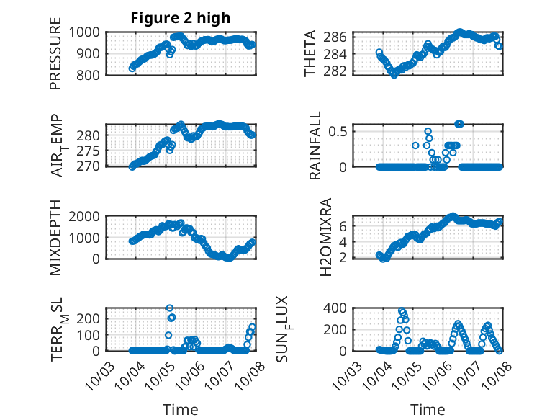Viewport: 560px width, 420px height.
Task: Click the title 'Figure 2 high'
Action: coord(180,18)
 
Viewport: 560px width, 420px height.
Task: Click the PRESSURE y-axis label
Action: coord(55,59)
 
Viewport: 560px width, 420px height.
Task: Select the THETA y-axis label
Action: coord(311,53)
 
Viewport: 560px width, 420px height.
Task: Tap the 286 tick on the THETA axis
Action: coord(340,37)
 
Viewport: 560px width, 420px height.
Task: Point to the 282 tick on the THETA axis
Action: coord(340,71)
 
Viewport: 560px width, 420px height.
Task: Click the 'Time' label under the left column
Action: coord(180,409)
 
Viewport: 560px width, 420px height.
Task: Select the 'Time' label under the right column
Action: coord(428,409)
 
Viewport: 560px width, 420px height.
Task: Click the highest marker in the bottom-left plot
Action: coord(170,308)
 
